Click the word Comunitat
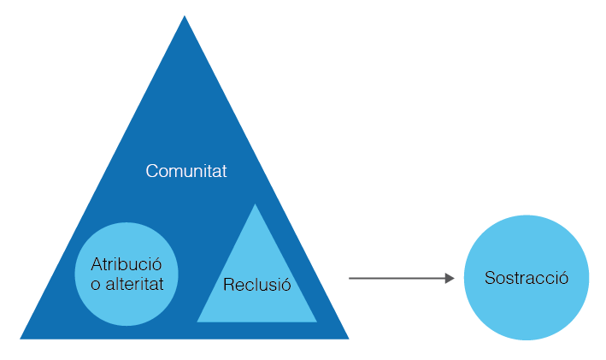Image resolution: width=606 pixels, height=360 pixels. click(x=185, y=170)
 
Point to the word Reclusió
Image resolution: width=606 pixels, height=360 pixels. click(x=256, y=285)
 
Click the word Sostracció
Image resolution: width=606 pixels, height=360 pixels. click(x=526, y=278)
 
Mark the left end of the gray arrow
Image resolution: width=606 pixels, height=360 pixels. click(x=350, y=278)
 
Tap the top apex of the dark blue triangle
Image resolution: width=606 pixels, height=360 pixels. click(x=185, y=17)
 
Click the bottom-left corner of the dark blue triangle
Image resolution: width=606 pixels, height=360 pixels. click(x=21, y=338)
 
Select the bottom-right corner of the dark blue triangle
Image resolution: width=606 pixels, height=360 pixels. click(x=348, y=338)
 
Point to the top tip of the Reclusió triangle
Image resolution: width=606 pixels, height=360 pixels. click(x=256, y=205)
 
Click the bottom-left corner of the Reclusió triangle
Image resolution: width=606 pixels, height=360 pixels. click(x=198, y=322)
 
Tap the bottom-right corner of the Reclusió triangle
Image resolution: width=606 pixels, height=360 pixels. click(x=316, y=322)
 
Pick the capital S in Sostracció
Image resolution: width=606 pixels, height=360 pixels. click(x=489, y=278)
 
